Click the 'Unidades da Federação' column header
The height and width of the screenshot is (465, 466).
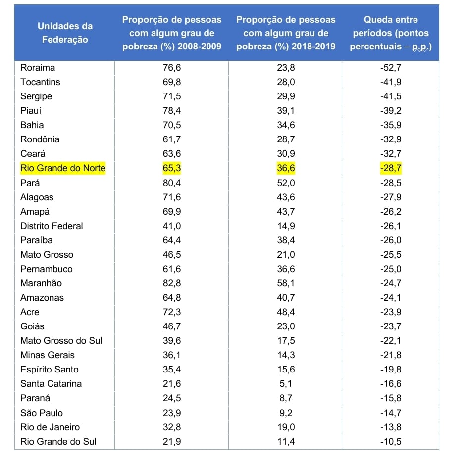pyautogui.click(x=65, y=33)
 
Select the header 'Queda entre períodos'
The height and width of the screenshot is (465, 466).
pyautogui.click(x=390, y=33)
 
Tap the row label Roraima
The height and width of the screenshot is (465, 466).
pyautogui.click(x=38, y=68)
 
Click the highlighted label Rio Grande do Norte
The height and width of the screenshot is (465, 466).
pyautogui.click(x=63, y=168)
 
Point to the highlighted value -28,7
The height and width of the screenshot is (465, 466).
pyautogui.click(x=390, y=168)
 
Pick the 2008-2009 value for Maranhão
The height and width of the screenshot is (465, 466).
pyautogui.click(x=172, y=283)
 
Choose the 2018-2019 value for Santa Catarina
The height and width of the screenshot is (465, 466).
pyautogui.click(x=286, y=384)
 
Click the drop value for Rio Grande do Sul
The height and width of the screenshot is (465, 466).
pyautogui.click(x=390, y=442)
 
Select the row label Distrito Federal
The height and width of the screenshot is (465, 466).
pyautogui.click(x=52, y=226)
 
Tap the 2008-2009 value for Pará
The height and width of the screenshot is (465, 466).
pyautogui.click(x=172, y=183)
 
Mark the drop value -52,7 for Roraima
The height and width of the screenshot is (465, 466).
pyautogui.click(x=390, y=68)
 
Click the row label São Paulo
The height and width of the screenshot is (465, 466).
pyautogui.click(x=42, y=413)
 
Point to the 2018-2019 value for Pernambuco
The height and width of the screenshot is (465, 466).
pyautogui.click(x=286, y=269)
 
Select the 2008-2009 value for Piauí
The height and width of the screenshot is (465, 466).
pyautogui.click(x=172, y=111)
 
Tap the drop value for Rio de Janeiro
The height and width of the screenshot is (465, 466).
pyautogui.click(x=390, y=427)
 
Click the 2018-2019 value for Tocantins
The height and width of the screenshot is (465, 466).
pyautogui.click(x=286, y=82)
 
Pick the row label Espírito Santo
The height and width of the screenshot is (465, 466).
pyautogui.click(x=49, y=370)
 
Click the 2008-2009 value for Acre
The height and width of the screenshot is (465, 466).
pyautogui.click(x=172, y=312)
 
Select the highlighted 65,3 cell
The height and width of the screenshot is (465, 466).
pyautogui.click(x=172, y=168)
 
